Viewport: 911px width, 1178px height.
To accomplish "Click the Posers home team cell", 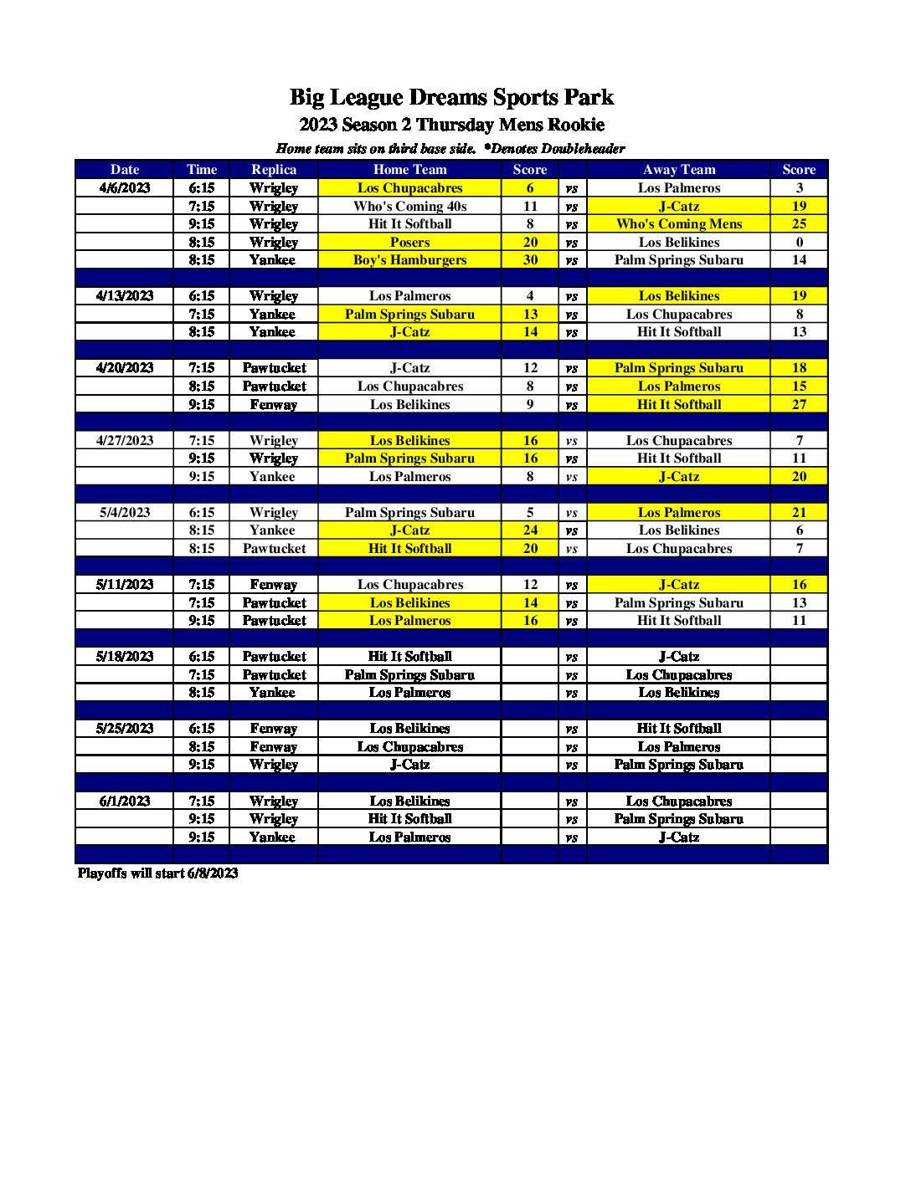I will click(409, 242).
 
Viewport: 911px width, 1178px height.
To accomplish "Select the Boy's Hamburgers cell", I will click(409, 260).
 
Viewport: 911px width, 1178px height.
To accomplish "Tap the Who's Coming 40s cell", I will click(409, 206).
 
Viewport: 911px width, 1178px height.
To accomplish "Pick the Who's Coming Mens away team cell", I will click(678, 224).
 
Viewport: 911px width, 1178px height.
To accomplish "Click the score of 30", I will click(530, 260).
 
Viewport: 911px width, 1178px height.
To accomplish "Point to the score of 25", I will click(799, 224).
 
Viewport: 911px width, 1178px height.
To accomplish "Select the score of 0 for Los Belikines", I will click(799, 242).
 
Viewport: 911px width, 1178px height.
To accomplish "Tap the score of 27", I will click(799, 405).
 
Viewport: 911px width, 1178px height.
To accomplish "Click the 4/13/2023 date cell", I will click(125, 296).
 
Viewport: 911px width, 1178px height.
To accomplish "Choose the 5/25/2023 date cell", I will click(125, 729).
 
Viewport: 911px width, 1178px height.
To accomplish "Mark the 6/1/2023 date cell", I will click(125, 801).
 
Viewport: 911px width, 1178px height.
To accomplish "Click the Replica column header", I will click(274, 169).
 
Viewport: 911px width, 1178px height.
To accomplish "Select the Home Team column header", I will click(409, 169).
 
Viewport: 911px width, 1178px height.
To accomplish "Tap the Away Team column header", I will click(678, 169).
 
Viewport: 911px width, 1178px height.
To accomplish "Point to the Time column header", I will click(202, 169).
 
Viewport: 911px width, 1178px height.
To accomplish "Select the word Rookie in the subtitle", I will click(575, 125).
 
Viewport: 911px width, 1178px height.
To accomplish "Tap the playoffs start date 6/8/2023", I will click(212, 873).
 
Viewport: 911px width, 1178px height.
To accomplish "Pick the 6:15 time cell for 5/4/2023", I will click(202, 513).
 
